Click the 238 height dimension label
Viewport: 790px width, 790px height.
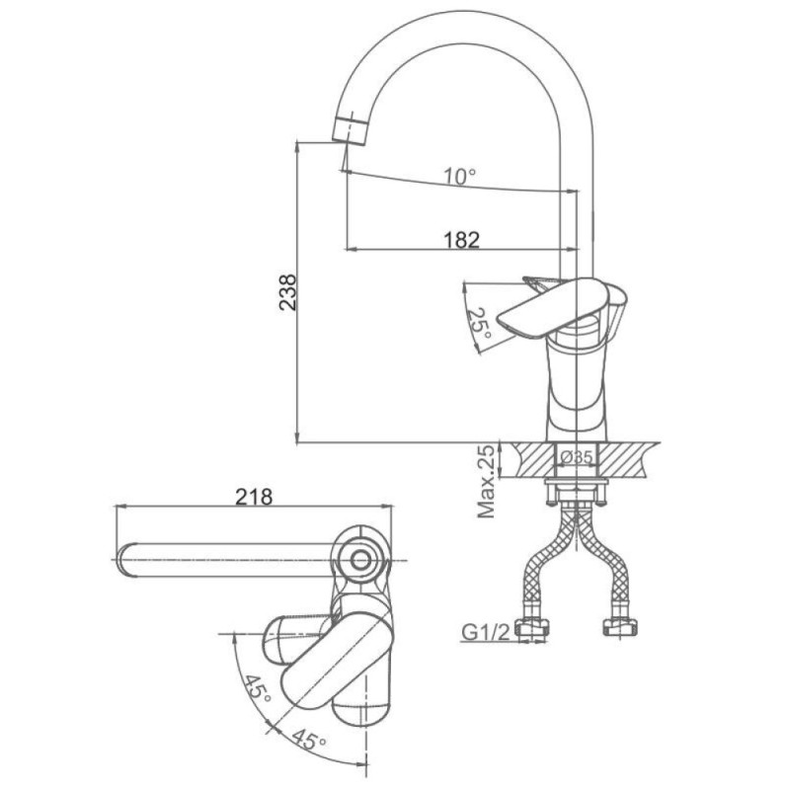[x=288, y=292]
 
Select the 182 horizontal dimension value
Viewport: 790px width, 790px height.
[x=461, y=239]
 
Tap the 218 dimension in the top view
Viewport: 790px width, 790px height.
[x=254, y=498]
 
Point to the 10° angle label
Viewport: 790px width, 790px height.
[x=459, y=177]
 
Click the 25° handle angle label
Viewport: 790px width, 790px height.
[x=478, y=324]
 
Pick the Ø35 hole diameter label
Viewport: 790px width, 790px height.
[x=577, y=457]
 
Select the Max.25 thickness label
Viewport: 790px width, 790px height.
[x=487, y=481]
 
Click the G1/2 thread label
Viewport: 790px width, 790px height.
[x=486, y=631]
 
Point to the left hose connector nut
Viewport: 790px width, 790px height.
[x=534, y=627]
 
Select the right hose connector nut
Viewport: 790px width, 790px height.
[x=620, y=627]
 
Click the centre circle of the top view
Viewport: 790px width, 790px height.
[x=360, y=560]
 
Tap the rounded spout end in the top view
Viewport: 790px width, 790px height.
[x=126, y=560]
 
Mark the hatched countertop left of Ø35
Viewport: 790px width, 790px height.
[x=532, y=459]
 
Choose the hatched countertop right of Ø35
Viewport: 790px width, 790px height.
[x=624, y=459]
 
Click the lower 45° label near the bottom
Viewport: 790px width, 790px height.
[x=308, y=740]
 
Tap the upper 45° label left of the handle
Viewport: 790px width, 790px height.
[x=258, y=689]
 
